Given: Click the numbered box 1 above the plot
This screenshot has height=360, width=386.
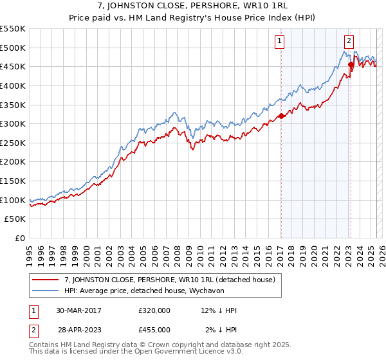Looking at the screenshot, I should pos(280,40).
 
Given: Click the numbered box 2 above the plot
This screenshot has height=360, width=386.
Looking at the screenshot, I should pos(349,40).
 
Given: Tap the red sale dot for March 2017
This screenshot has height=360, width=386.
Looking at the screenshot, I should pos(281,116).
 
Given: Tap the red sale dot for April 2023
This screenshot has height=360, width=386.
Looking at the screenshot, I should pos(351,65).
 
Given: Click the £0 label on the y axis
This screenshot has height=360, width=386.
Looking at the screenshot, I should pos(21,238).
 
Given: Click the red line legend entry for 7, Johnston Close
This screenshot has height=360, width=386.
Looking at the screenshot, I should pos(170,280).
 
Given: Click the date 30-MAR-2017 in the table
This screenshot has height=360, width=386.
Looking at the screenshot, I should pos(78,310).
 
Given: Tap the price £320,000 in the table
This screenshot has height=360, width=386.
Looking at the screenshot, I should pos(154,310).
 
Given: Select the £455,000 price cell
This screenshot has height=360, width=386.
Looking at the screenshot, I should pos(154,329).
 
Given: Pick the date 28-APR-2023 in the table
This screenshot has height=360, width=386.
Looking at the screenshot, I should pos(78,329).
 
